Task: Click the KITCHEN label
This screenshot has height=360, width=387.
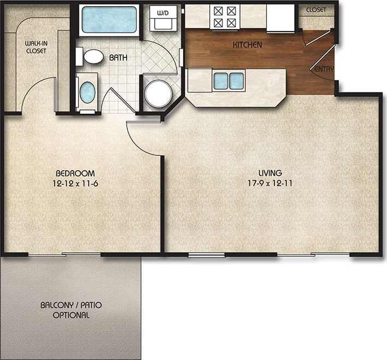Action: pyautogui.click(x=247, y=45)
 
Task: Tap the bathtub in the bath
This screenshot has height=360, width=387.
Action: pyautogui.click(x=109, y=20)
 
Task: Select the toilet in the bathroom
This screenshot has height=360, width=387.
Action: pyautogui.click(x=92, y=55)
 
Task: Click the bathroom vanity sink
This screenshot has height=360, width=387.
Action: pyautogui.click(x=87, y=92)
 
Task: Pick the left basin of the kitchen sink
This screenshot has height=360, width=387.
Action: pyautogui.click(x=220, y=81)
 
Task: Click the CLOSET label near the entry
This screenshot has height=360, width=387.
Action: pyautogui.click(x=316, y=10)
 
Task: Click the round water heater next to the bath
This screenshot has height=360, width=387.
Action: pyautogui.click(x=158, y=93)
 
